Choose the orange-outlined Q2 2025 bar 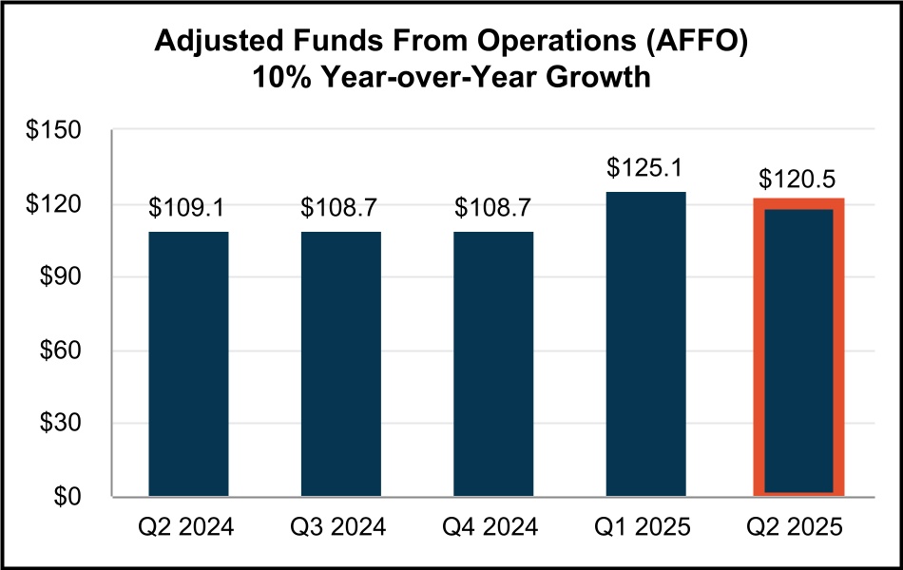pos(798,350)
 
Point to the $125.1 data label pos(645,170)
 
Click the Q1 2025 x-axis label pos(645,527)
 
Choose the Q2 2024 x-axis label pos(188,527)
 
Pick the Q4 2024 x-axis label pos(493,527)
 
